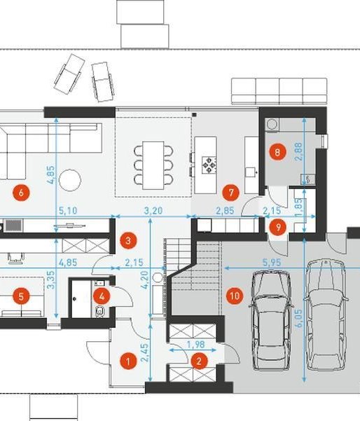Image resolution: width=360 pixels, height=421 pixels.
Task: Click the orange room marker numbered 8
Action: click(277, 152)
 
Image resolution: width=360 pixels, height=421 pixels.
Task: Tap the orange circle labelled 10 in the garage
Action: click(235, 296)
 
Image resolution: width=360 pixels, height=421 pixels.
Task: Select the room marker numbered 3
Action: click(128, 241)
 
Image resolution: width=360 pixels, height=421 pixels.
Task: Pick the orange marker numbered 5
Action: click(21, 296)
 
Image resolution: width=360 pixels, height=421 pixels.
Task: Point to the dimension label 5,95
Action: click(272, 262)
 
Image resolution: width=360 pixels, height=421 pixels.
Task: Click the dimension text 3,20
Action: click(153, 210)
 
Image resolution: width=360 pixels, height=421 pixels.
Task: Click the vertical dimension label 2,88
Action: click(298, 152)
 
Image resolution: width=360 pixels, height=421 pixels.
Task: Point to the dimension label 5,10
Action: click(68, 210)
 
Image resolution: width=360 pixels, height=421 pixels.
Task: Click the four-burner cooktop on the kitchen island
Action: click(209, 165)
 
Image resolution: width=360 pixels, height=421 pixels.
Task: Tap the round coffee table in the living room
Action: click(70, 180)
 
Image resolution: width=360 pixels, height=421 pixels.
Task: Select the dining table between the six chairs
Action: click(153, 165)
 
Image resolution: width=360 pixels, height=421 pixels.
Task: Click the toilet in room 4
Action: click(100, 311)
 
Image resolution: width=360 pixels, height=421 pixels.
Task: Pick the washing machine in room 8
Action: click(272, 125)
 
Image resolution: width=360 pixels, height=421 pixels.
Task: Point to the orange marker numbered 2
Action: click(199, 361)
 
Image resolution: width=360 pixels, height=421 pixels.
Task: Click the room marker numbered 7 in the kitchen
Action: click(231, 193)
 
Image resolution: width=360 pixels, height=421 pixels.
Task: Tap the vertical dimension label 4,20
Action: click(145, 279)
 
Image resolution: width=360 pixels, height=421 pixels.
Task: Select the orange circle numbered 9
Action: click(278, 228)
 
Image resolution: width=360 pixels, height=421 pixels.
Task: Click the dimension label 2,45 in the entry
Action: click(144, 352)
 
